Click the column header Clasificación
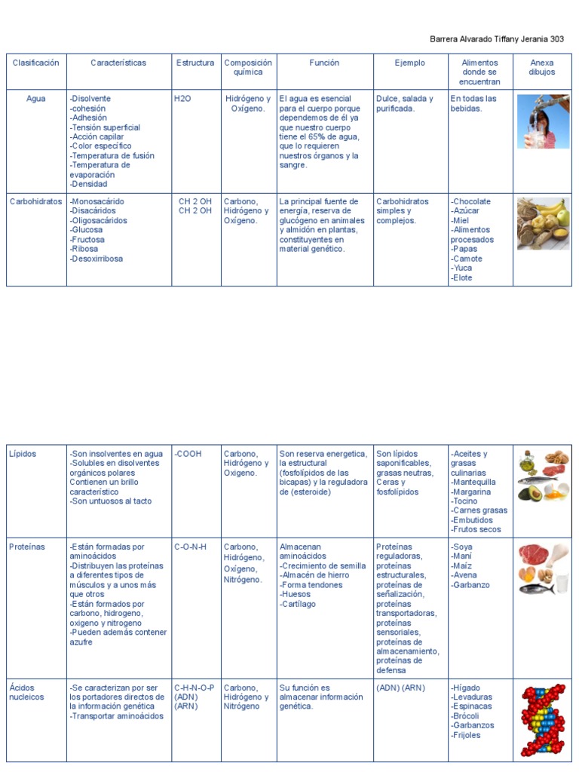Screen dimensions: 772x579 pyautogui.click(x=35, y=63)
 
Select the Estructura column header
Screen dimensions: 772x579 pyautogui.click(x=195, y=63)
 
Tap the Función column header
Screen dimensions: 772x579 pyautogui.click(x=324, y=63)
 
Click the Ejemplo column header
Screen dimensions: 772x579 pyautogui.click(x=410, y=63)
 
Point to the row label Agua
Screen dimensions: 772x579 pyautogui.click(x=35, y=99)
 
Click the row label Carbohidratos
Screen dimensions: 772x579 pyautogui.click(x=35, y=202)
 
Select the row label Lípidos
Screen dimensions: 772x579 pyautogui.click(x=23, y=454)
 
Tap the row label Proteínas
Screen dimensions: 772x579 pyautogui.click(x=27, y=547)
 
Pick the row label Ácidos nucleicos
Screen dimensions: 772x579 pyautogui.click(x=26, y=692)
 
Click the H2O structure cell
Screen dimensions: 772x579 pyautogui.click(x=182, y=99)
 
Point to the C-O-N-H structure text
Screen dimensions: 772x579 pyautogui.click(x=191, y=547)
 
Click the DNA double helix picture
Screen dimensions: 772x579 pyautogui.click(x=543, y=720)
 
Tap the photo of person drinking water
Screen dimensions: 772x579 pyautogui.click(x=543, y=121)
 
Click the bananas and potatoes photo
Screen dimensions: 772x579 pyautogui.click(x=543, y=223)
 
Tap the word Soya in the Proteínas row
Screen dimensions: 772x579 pyautogui.click(x=463, y=547)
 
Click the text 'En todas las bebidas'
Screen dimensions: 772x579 pyautogui.click(x=473, y=103)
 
